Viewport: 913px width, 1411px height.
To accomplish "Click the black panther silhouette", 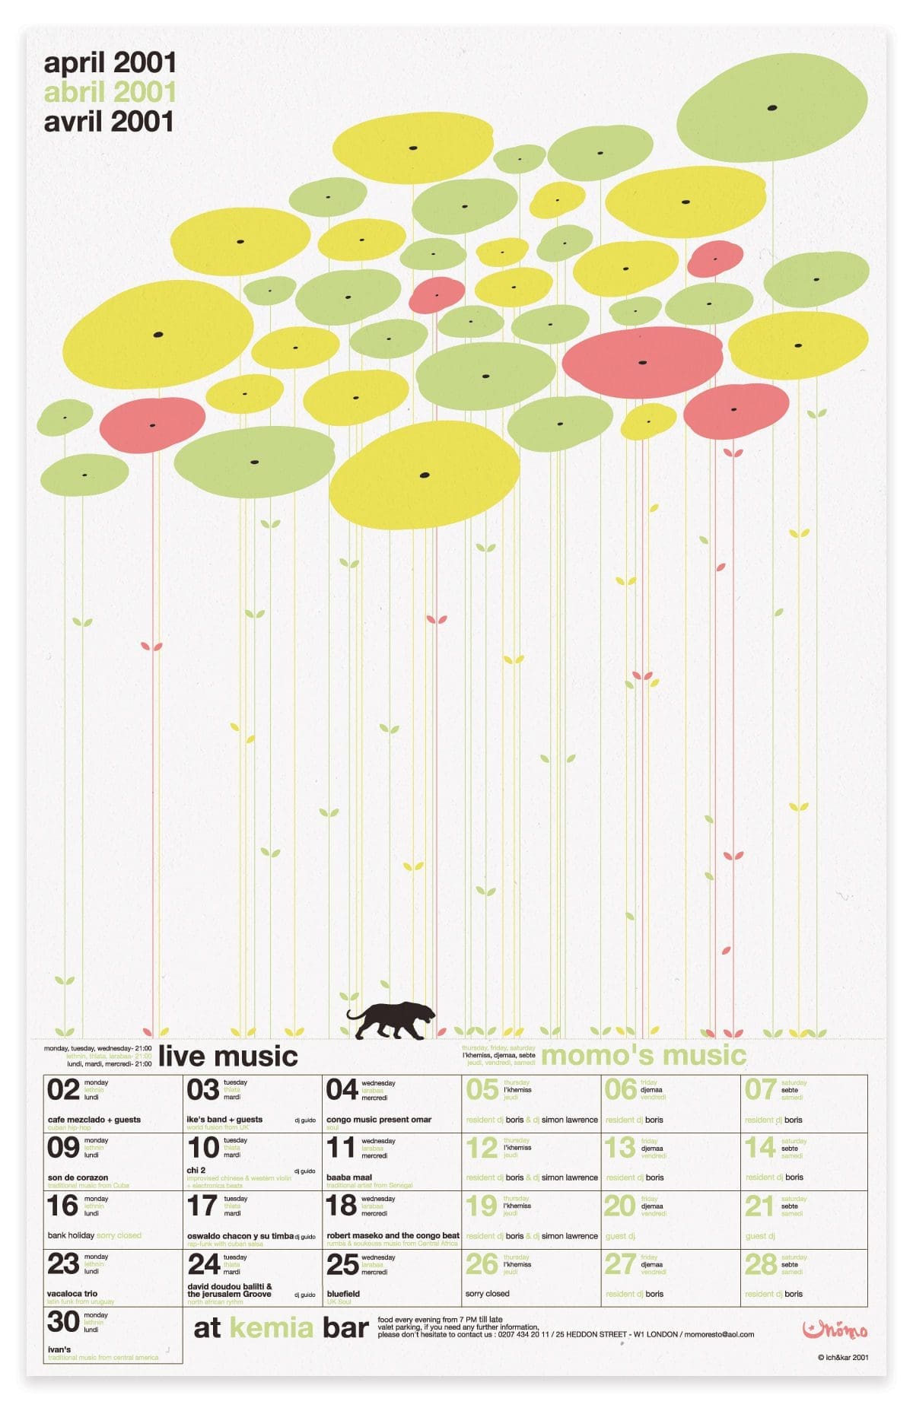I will coord(391,1021).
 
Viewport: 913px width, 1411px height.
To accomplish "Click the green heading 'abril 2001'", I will coord(110,92).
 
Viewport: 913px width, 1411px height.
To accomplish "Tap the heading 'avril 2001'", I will coord(109,122).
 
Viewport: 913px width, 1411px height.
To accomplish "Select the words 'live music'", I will coord(227,1056).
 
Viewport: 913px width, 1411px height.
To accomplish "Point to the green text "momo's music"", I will coord(643,1055).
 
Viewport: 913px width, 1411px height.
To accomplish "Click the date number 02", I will coord(63,1090).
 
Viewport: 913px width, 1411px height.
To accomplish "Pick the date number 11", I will coord(341,1148).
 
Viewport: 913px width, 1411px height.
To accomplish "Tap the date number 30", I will coord(63,1322).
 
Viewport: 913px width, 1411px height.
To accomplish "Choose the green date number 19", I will coord(481,1206).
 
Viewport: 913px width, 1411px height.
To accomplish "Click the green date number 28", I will coord(760,1264).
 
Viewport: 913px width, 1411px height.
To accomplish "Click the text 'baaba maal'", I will coord(349,1177).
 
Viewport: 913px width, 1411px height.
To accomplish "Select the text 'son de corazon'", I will coord(78,1177).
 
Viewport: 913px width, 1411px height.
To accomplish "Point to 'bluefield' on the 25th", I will coord(343,1293).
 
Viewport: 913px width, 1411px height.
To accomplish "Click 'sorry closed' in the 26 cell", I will coord(487,1293).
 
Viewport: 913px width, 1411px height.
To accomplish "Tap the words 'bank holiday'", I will coord(71,1235).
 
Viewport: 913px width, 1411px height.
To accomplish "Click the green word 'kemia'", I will coord(271,1327).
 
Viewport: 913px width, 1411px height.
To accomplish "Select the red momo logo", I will coord(835,1330).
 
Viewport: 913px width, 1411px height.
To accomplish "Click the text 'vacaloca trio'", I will coord(72,1293).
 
